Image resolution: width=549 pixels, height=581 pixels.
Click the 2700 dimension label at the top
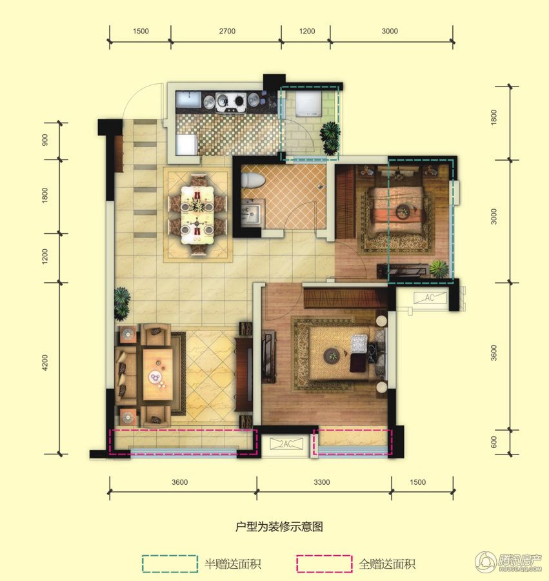226,31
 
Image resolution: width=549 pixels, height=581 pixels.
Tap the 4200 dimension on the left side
45,366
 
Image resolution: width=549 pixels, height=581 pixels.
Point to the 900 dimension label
45,141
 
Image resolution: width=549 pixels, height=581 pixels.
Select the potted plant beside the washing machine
330,134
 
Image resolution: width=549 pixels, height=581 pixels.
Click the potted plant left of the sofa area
122,302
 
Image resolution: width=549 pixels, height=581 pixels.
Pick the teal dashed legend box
169,564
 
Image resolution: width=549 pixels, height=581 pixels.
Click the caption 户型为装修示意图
279,527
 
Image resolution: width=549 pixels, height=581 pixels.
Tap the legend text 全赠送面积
387,564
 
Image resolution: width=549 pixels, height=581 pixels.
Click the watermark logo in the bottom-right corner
509,562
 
